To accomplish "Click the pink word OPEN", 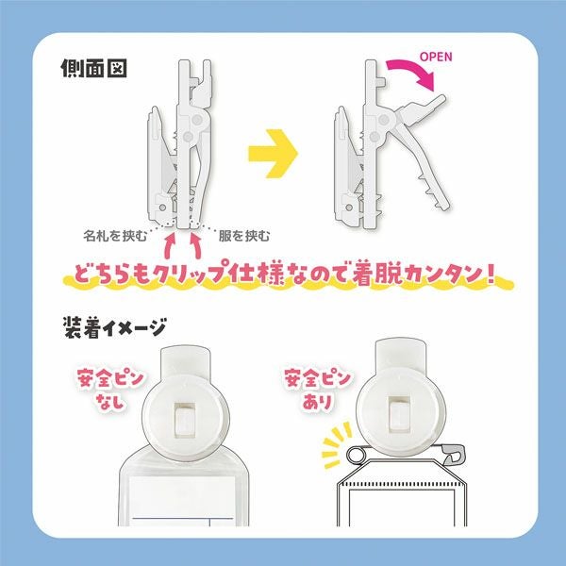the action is [x=436, y=57].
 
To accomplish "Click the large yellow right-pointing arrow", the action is [x=274, y=153].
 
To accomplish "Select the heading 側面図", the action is [x=93, y=68].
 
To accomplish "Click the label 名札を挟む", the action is [x=115, y=236].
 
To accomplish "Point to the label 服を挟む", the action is [x=244, y=236].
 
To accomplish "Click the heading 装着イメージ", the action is [x=115, y=328].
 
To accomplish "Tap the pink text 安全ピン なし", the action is [x=110, y=390].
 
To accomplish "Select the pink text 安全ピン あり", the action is [x=318, y=390].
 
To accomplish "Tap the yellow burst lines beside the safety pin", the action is [x=336, y=444].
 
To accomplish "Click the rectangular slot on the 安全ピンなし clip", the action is [x=185, y=419].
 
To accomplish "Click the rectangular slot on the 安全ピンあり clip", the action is [x=399, y=414].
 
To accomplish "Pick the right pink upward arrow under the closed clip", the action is [x=195, y=246].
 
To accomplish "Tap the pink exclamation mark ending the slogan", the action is [x=489, y=274].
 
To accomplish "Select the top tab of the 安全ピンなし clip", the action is [x=186, y=360].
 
